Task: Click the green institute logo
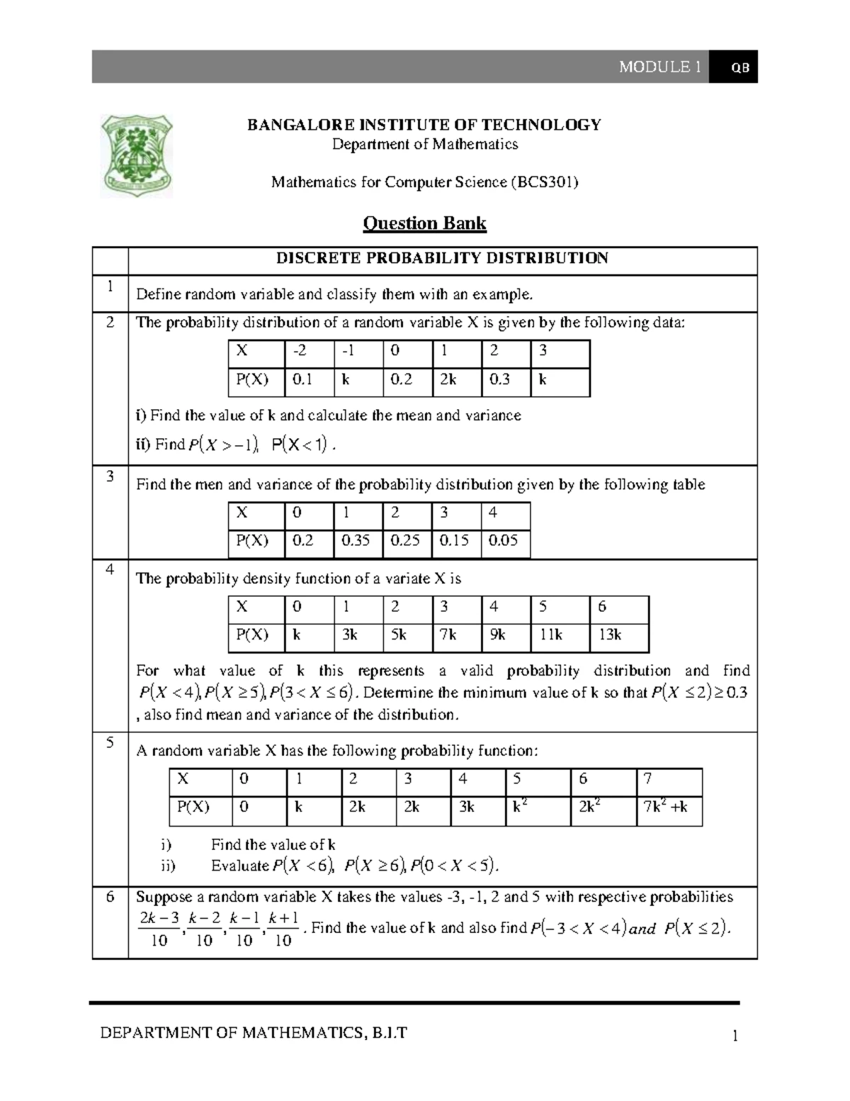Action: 136,156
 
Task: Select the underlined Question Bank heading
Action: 424,223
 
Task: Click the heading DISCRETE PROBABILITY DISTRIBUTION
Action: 441,258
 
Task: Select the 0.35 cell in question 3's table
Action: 356,540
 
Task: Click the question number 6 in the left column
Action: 110,897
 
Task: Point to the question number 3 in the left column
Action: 110,476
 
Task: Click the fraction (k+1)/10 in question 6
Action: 283,929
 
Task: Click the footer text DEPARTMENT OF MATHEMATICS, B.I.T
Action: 254,1033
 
